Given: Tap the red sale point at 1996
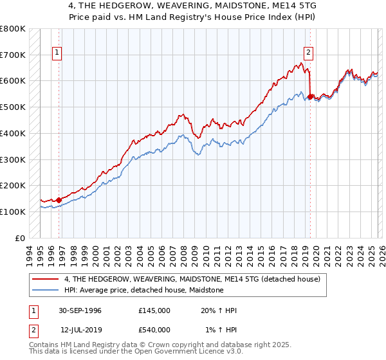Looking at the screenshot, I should pos(59,199).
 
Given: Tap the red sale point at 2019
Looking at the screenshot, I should pos(310,97).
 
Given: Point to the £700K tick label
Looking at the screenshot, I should pos(13,55).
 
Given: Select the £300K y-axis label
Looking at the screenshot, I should pos(13,159).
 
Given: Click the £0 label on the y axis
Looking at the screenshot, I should pos(20,238).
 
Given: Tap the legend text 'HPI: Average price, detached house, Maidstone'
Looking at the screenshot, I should pos(143,290).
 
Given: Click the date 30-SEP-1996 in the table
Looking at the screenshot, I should pos(80,310).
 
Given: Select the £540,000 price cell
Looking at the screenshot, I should pos(154,329).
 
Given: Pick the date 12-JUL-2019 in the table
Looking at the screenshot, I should pos(80,329).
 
